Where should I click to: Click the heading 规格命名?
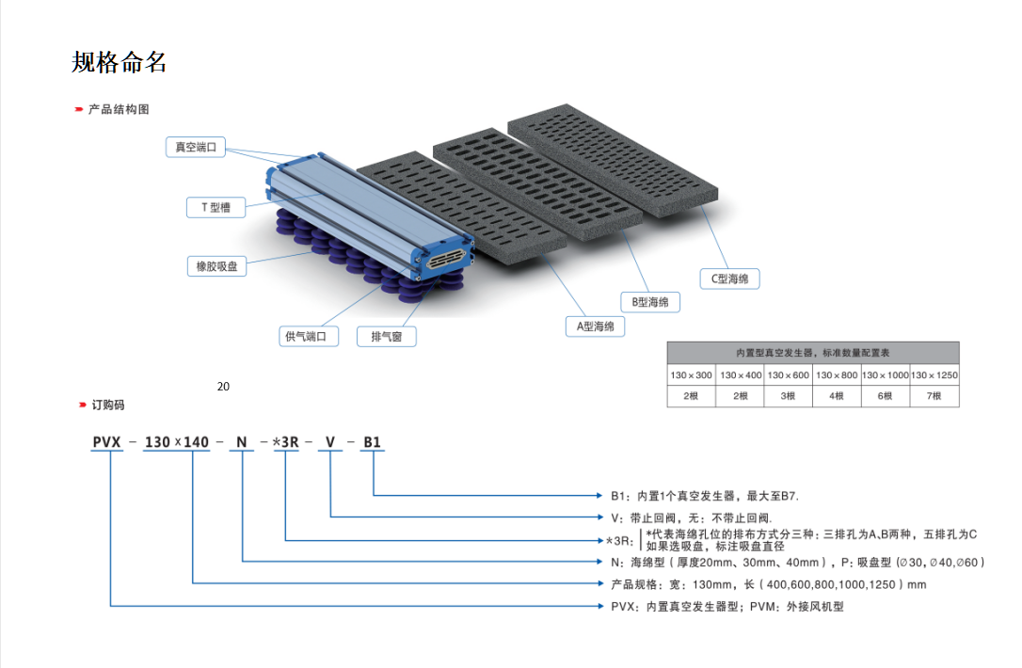120,62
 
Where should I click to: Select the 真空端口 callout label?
196,147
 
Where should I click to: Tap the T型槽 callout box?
216,207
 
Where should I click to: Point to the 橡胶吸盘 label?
216,266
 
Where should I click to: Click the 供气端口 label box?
310,336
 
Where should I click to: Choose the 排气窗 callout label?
386,336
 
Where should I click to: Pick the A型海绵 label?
595,326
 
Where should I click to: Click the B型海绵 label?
650,302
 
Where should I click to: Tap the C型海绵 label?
729,278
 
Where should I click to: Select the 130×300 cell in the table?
691,374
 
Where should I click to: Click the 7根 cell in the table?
934,396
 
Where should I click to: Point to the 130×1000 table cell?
886,374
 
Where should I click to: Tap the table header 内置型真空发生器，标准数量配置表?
813,353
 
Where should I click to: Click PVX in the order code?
108,442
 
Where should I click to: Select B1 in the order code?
373,442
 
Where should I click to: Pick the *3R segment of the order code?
285,442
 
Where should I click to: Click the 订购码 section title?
107,405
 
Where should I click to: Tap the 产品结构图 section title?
119,109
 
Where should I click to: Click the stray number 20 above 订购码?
223,386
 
